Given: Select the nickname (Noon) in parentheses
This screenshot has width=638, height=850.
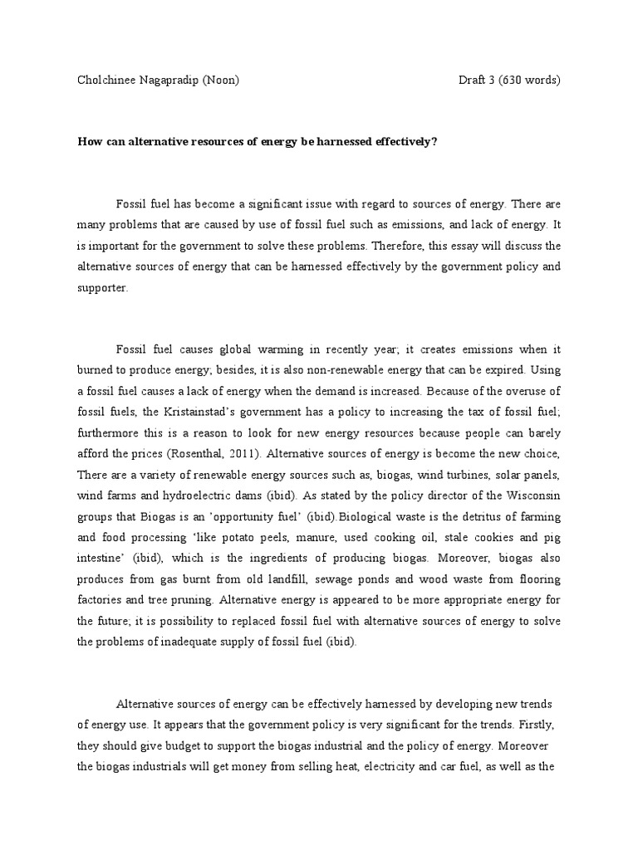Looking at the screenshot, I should [x=226, y=81].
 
